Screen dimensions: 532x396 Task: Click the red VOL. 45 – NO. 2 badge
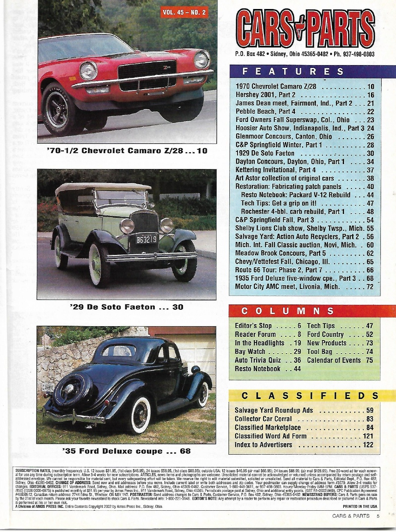pos(184,12)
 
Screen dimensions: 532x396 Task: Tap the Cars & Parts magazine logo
pos(305,29)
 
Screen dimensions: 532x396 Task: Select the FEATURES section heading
pos(293,72)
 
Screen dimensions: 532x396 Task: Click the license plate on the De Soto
pos(146,239)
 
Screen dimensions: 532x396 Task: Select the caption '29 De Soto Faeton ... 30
pos(127,307)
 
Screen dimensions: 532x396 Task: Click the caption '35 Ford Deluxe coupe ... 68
pos(127,451)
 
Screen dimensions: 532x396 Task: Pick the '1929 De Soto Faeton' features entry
pos(265,153)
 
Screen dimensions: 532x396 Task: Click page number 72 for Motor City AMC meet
pos(370,287)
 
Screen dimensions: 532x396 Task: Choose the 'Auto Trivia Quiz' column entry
pos(258,360)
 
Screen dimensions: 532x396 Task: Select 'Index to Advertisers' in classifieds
pos(263,445)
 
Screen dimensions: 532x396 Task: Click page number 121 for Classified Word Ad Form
pos(368,436)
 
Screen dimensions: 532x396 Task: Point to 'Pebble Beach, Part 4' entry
pos(265,111)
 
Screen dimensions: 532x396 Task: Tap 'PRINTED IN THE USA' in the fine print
pos(360,507)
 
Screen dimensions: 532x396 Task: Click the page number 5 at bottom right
pos(378,516)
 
